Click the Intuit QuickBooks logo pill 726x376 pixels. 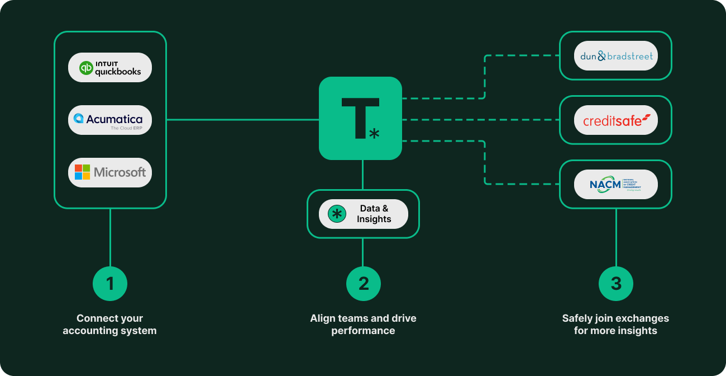click(x=110, y=68)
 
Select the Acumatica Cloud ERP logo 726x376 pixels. click(x=110, y=120)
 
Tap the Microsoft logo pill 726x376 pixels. click(x=110, y=172)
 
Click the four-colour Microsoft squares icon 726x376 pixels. click(x=83, y=172)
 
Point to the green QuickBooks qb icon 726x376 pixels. click(x=86, y=68)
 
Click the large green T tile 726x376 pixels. click(x=360, y=118)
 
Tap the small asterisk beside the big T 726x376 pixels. click(x=374, y=133)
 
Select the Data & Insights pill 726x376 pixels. click(x=363, y=214)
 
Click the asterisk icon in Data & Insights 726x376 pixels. click(x=337, y=214)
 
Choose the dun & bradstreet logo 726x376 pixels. click(x=615, y=56)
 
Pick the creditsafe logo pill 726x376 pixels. click(x=615, y=120)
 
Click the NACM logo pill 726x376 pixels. click(x=615, y=184)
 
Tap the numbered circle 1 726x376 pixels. click(x=110, y=284)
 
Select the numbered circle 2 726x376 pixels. click(x=363, y=284)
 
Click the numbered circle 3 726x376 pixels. click(x=615, y=284)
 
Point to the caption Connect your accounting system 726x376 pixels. click(x=110, y=325)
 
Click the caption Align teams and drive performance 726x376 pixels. click(x=363, y=325)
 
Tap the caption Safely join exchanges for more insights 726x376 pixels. click(x=615, y=325)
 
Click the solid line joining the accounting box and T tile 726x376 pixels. click(x=243, y=119)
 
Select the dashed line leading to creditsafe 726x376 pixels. click(x=480, y=119)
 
